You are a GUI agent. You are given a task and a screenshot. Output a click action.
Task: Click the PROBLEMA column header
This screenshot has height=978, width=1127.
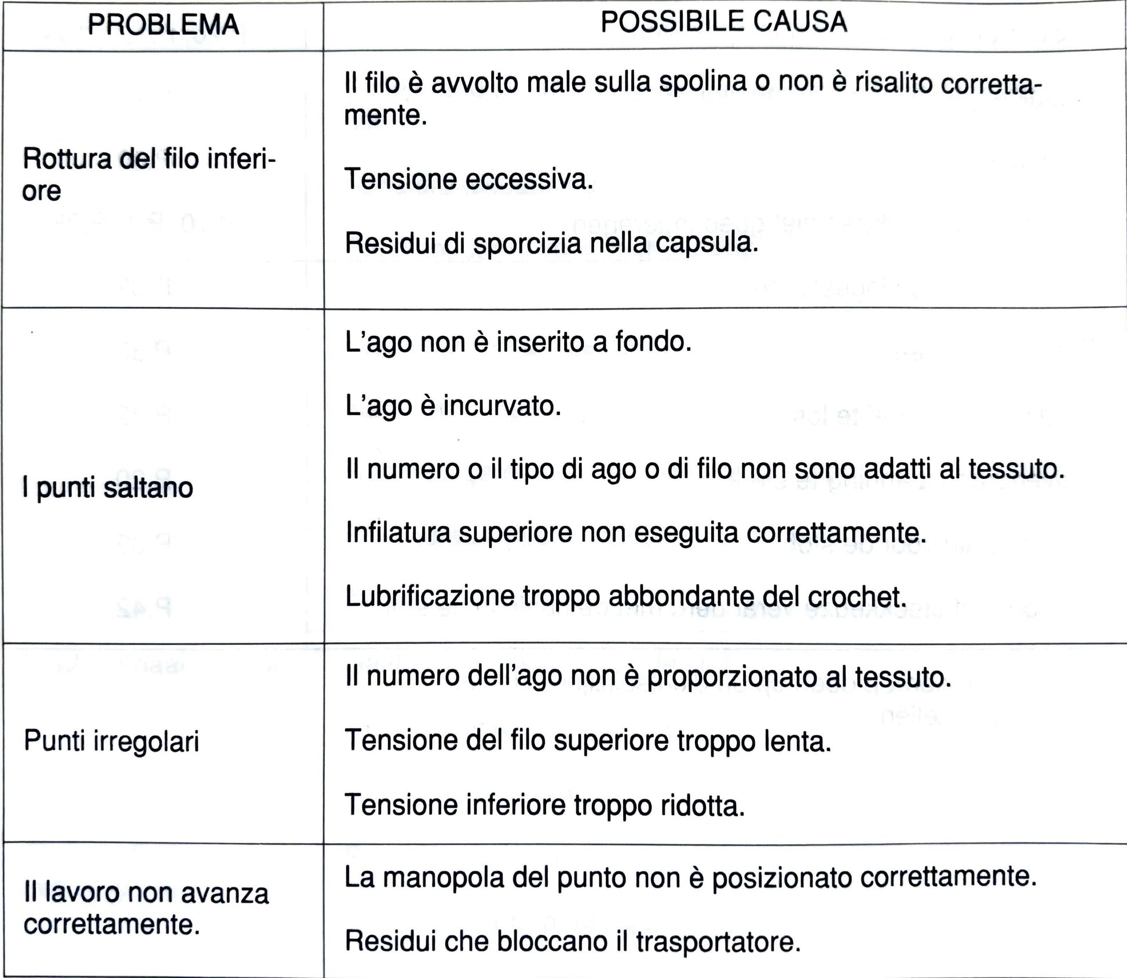pyautogui.click(x=163, y=25)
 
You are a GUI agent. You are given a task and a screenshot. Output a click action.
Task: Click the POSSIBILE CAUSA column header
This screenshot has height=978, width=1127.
pyautogui.click(x=724, y=22)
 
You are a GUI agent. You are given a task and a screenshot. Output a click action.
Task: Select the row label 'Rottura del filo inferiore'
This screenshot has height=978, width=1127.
pyautogui.click(x=149, y=174)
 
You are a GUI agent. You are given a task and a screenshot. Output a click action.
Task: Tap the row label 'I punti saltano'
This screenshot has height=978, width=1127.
pyautogui.click(x=108, y=488)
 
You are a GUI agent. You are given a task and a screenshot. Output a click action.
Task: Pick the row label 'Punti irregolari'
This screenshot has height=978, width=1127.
pyautogui.click(x=111, y=741)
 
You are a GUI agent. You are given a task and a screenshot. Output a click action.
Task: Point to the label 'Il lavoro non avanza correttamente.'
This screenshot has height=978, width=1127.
pyautogui.click(x=146, y=909)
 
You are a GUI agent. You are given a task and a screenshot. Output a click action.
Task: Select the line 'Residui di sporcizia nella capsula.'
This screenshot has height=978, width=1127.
pyautogui.click(x=551, y=243)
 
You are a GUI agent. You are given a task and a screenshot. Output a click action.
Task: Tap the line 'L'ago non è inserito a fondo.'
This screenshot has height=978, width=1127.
pyautogui.click(x=518, y=342)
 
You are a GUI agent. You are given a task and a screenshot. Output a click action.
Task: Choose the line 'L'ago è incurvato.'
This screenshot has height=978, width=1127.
pyautogui.click(x=453, y=406)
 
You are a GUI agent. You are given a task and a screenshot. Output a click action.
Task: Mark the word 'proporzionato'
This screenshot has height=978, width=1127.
pyautogui.click(x=737, y=677)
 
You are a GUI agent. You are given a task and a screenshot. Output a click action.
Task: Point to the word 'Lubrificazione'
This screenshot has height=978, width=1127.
pyautogui.click(x=430, y=596)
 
